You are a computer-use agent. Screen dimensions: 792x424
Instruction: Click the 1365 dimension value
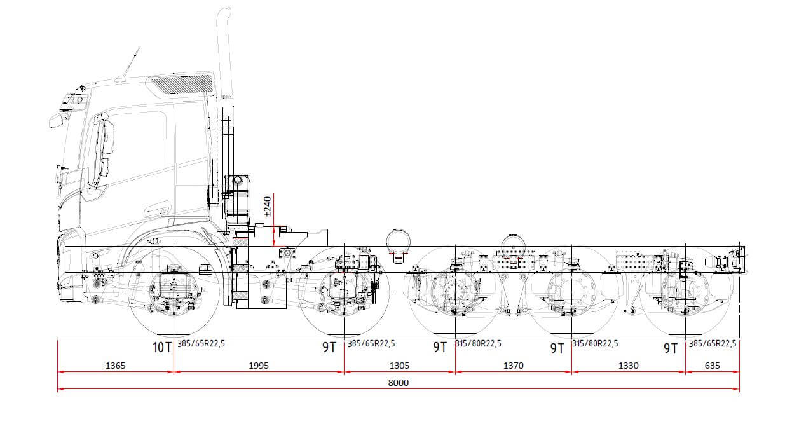click(115, 366)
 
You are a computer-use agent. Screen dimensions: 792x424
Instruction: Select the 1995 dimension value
click(259, 366)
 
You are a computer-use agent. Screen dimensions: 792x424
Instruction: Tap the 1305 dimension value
click(399, 366)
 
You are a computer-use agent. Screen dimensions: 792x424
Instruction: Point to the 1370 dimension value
click(514, 366)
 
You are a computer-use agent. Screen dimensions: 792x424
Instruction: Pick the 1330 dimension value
click(628, 366)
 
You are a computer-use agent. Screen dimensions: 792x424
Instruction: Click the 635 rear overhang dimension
click(712, 366)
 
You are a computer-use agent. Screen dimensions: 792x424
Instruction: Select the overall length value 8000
click(399, 383)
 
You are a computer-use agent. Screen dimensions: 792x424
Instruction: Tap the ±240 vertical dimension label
click(268, 207)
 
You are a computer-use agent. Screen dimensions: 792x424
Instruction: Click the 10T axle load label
click(162, 347)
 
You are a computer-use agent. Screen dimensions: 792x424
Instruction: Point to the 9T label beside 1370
click(557, 348)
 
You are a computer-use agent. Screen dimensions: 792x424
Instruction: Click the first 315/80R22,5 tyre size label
click(478, 343)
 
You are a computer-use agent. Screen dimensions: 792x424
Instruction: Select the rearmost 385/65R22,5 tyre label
click(713, 343)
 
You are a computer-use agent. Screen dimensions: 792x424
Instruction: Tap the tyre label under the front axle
click(201, 343)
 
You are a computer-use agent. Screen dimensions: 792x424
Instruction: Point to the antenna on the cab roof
click(132, 61)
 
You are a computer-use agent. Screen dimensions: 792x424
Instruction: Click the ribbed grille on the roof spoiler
click(183, 84)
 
